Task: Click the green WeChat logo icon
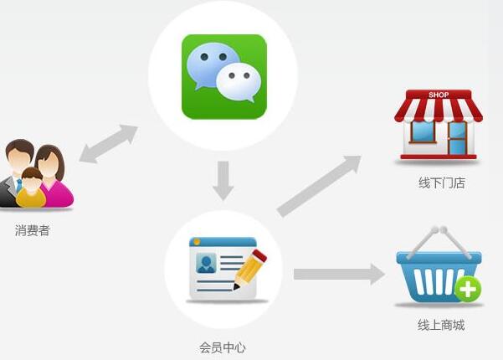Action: [223, 76]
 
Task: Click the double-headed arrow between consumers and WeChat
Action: [109, 144]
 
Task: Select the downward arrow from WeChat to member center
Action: [223, 181]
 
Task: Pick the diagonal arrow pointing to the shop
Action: [319, 186]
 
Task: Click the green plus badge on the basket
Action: [468, 290]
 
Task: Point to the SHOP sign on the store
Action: [439, 95]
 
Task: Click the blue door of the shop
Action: [457, 138]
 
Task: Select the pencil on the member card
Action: [249, 270]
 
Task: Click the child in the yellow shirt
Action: [31, 189]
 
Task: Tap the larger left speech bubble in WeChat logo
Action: [212, 65]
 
